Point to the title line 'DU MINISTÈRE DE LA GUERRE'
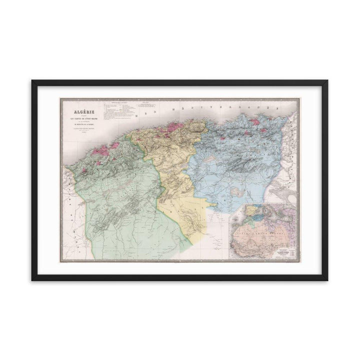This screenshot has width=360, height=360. coord(80,127)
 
